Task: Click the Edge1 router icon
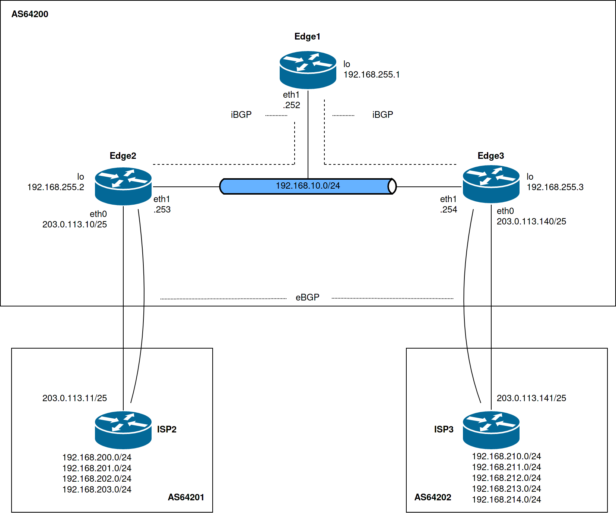[308, 70]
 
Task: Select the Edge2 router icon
[123, 186]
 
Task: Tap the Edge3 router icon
[491, 184]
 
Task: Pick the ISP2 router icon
[123, 430]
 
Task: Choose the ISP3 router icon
[491, 430]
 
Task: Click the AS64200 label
[30, 14]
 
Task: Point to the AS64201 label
[186, 497]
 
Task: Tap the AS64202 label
[433, 497]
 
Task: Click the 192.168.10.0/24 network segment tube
[308, 186]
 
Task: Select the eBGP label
[308, 298]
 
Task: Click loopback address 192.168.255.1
[371, 75]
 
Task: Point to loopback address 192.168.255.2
[56, 187]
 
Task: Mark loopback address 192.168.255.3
[555, 187]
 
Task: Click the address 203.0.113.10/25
[74, 224]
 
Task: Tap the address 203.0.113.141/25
[531, 398]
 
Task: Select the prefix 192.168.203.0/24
[97, 490]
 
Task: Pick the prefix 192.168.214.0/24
[507, 500]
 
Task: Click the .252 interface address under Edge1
[292, 105]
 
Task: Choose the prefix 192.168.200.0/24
[97, 457]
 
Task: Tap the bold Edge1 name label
[307, 37]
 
